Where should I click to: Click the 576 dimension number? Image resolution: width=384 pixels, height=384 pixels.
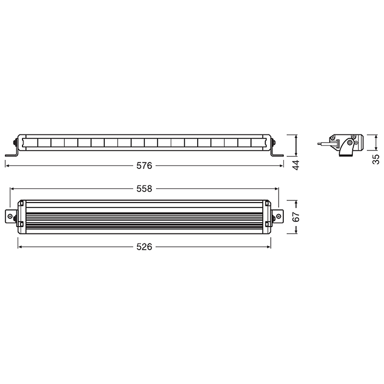click(x=144, y=166)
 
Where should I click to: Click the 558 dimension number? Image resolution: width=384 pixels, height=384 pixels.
click(x=144, y=189)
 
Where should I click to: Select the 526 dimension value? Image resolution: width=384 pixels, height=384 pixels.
click(x=144, y=247)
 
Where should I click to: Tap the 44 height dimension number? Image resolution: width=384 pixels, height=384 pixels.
click(x=296, y=165)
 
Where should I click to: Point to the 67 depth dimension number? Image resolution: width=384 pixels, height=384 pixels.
click(x=296, y=217)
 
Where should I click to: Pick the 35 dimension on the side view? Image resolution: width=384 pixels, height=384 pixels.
click(x=376, y=159)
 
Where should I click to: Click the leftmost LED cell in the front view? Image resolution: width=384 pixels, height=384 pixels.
click(x=31, y=143)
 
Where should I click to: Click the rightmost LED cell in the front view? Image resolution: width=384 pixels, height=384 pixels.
click(x=258, y=143)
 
